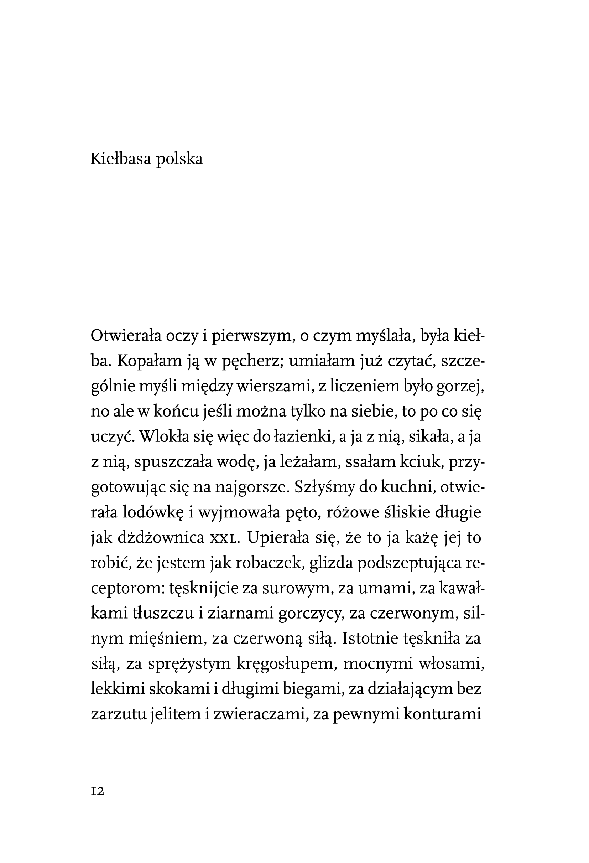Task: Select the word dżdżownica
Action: pos(160,538)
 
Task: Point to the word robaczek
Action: pos(257,563)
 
